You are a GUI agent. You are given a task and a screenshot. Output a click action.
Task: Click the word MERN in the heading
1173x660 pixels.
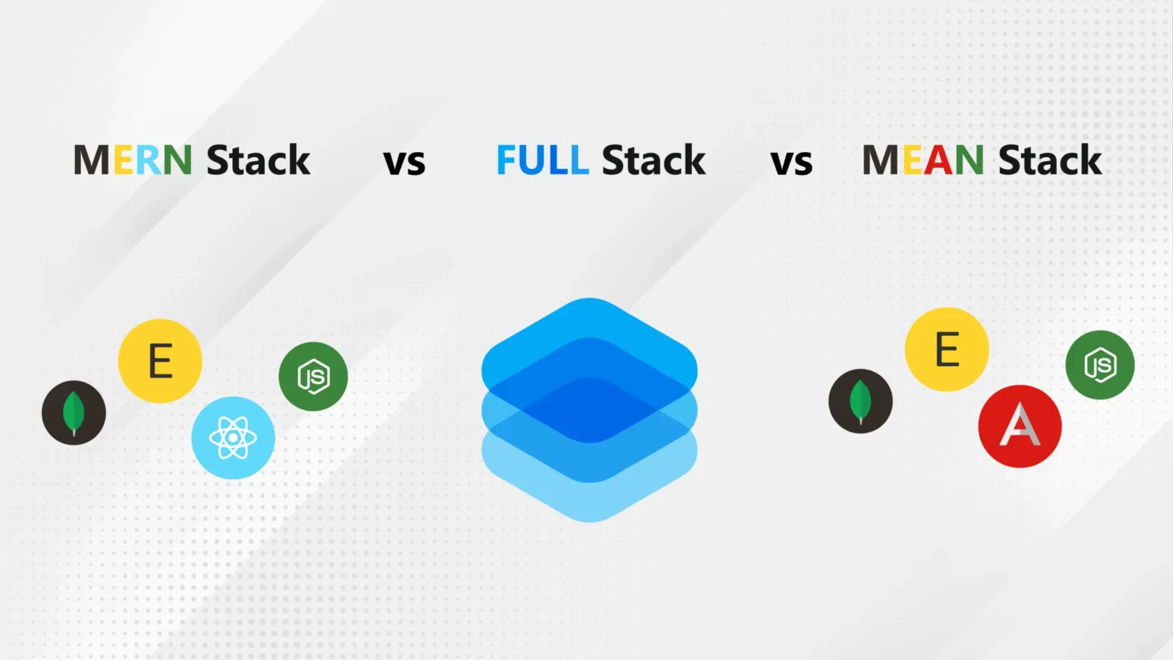click(132, 160)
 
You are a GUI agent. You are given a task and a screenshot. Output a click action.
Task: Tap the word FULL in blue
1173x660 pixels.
click(542, 160)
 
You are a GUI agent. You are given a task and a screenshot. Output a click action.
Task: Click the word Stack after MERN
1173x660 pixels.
click(258, 160)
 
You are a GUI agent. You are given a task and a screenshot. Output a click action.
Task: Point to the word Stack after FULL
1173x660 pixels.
click(654, 160)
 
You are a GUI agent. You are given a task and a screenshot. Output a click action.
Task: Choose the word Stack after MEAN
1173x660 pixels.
click(1050, 160)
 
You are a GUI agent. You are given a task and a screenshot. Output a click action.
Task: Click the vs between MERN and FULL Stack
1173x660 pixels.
click(404, 163)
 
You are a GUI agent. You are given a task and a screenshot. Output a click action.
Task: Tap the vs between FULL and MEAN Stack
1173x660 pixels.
click(791, 163)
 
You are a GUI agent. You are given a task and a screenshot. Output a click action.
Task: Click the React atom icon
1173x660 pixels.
click(233, 438)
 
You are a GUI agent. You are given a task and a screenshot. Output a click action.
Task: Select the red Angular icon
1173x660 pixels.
click(1020, 426)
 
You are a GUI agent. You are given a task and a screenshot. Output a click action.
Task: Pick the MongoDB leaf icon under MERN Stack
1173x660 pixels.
click(74, 412)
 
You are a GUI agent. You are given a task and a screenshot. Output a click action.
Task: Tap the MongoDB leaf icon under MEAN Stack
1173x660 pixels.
click(861, 401)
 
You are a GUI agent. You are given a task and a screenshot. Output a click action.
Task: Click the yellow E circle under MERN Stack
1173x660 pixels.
click(160, 361)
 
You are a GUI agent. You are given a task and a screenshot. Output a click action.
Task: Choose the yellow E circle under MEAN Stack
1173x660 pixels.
click(947, 349)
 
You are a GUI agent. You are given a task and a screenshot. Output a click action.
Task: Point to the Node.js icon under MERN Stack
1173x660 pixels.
click(313, 377)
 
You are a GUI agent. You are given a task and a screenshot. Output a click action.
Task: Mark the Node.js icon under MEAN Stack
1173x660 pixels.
click(1100, 365)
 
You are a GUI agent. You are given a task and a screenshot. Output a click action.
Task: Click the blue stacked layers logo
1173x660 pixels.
click(590, 409)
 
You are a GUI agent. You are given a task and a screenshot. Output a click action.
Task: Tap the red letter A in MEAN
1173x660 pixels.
click(939, 160)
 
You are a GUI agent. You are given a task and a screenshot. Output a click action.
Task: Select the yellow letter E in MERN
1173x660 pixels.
click(124, 160)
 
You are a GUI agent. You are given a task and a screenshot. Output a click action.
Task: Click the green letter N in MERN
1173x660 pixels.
click(177, 160)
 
